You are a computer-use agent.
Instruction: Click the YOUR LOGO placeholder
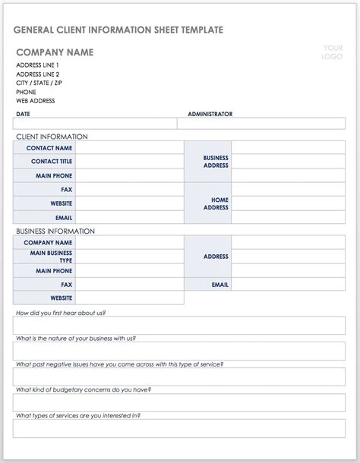(332, 52)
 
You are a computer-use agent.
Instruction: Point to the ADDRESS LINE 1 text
(37, 65)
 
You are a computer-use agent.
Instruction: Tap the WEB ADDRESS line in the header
(35, 101)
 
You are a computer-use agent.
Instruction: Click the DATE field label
(23, 114)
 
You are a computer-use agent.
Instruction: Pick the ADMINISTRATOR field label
(210, 114)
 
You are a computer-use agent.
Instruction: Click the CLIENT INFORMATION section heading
(52, 137)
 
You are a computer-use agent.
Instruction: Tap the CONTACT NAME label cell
(49, 148)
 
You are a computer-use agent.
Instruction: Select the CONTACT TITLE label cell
(52, 162)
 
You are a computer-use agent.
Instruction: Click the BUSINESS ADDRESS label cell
(216, 162)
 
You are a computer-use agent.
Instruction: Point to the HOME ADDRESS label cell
(216, 203)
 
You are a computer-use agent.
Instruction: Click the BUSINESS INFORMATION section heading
(55, 231)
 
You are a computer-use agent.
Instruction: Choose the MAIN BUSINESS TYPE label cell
(51, 257)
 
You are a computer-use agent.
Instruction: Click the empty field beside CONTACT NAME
(129, 148)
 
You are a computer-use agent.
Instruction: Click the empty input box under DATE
(95, 124)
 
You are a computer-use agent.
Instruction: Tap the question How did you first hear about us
(61, 313)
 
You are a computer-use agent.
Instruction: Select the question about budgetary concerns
(84, 389)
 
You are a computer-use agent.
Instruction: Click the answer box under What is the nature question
(179, 351)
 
